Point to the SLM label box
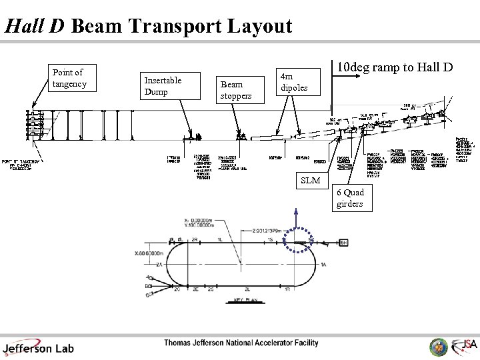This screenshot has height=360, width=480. click(x=310, y=181)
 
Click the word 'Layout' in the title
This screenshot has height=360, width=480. click(x=259, y=26)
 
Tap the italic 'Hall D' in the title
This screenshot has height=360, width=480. click(x=34, y=26)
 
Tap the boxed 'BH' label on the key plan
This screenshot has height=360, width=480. click(x=343, y=242)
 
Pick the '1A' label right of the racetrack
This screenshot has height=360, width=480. click(x=323, y=265)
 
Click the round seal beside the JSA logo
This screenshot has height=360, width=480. click(x=439, y=346)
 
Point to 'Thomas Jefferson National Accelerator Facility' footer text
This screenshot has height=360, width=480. click(x=241, y=343)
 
